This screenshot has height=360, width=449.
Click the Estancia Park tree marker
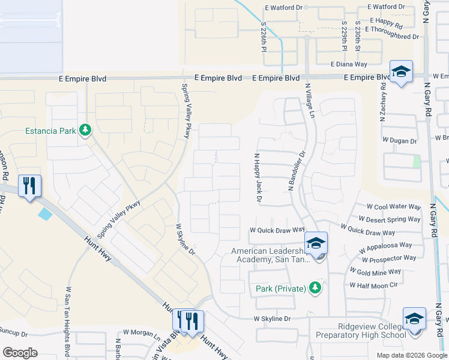85,130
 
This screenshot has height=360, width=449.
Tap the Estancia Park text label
51,130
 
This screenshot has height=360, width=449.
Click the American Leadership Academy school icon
316,244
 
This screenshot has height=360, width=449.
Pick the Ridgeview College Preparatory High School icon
414,319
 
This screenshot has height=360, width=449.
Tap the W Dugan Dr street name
400,141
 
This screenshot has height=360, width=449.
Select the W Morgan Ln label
142,332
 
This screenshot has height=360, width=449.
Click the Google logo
19,353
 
